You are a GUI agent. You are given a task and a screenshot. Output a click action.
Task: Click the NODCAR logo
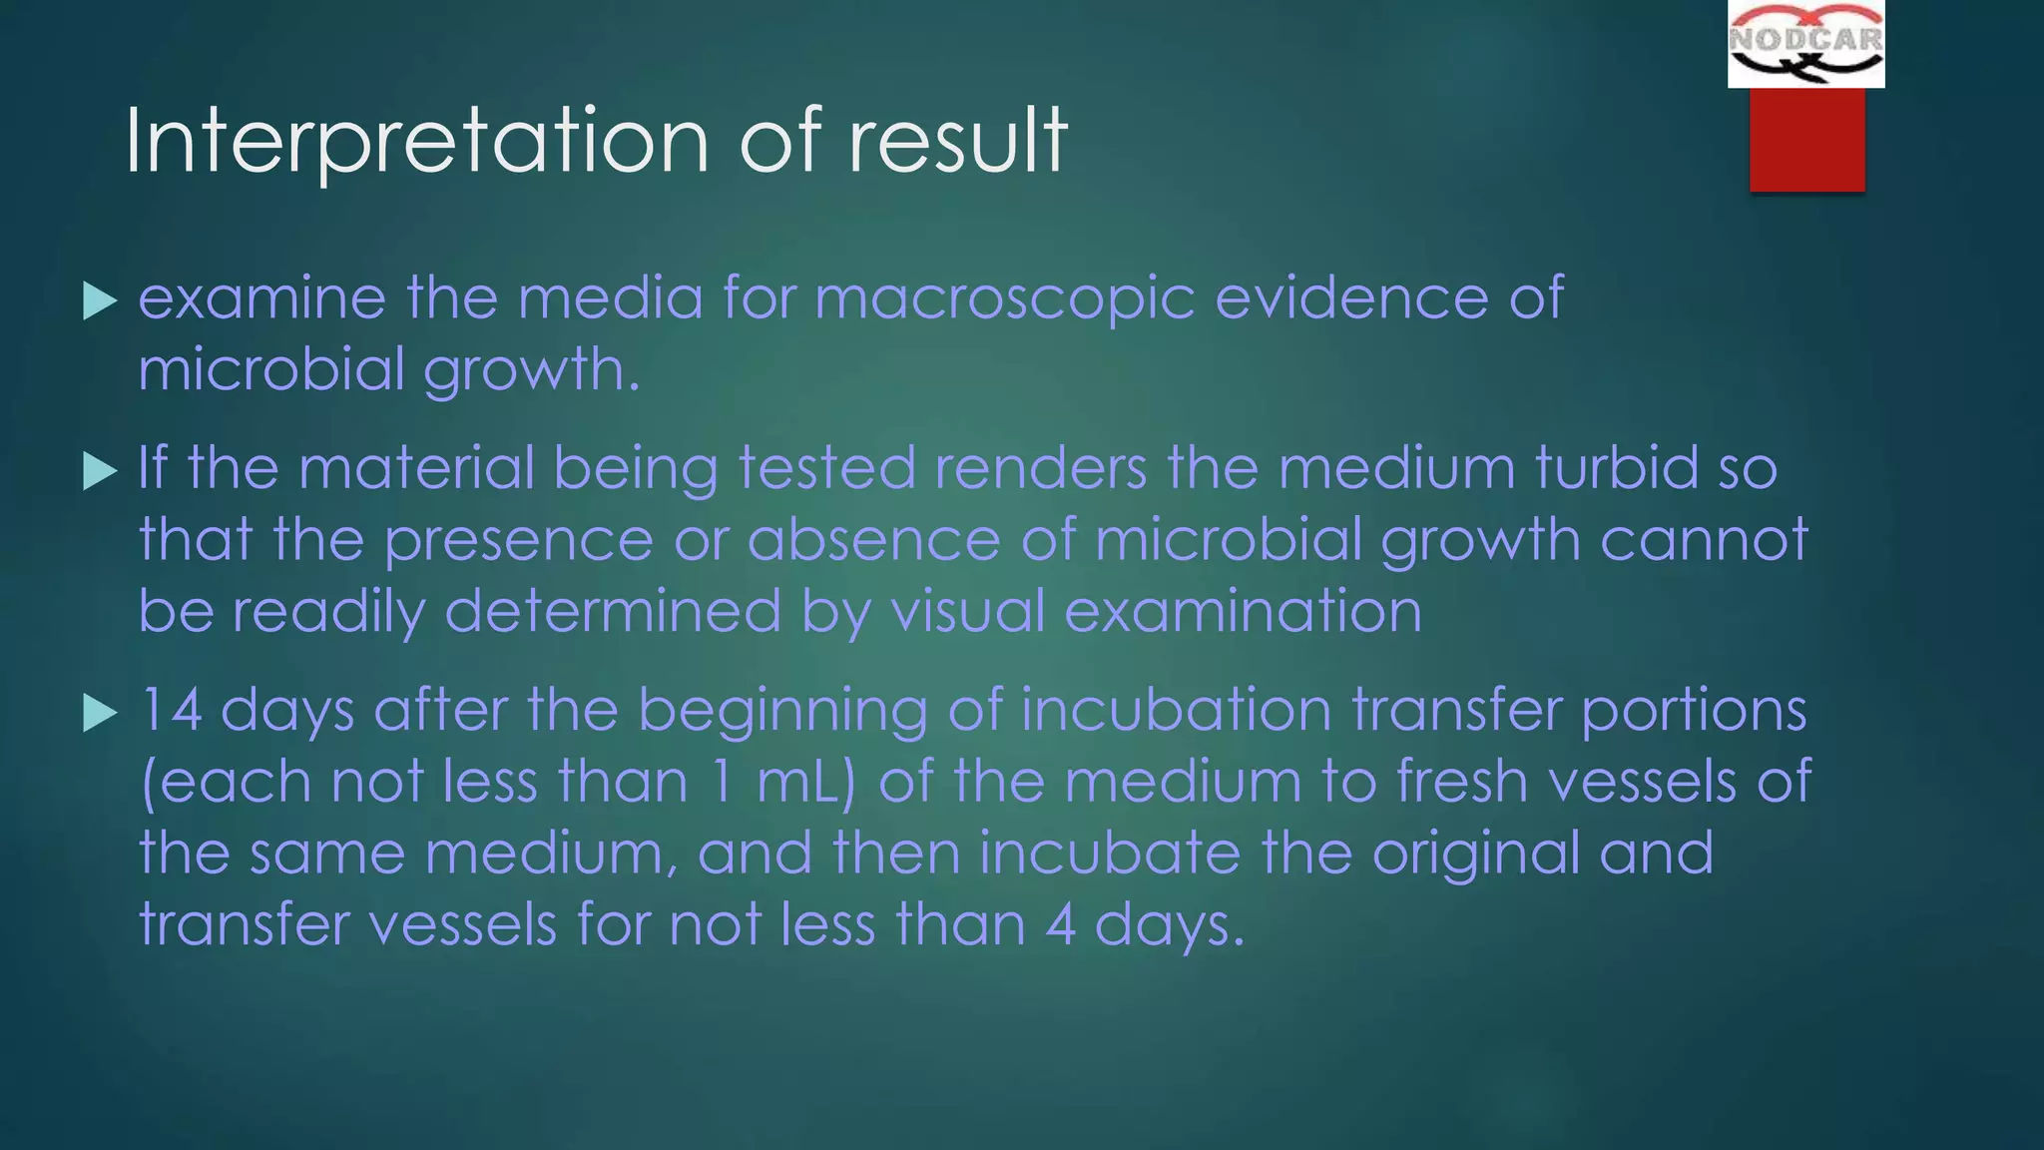point(1805,44)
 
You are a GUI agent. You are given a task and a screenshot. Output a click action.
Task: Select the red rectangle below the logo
point(1806,139)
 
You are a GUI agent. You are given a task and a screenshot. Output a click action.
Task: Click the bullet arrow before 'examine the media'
point(100,300)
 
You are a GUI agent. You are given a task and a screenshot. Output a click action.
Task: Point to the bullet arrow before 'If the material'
point(100,470)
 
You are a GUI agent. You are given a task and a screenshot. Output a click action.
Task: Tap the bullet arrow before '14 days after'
point(100,713)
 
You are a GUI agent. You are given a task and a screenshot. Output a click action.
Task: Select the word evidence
point(1351,298)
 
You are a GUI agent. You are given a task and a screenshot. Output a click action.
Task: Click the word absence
point(873,540)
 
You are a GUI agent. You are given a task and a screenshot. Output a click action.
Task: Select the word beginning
point(781,710)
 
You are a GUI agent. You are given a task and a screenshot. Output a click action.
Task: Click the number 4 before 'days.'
point(1060,924)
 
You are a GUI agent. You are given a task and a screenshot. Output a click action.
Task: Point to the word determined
point(612,611)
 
